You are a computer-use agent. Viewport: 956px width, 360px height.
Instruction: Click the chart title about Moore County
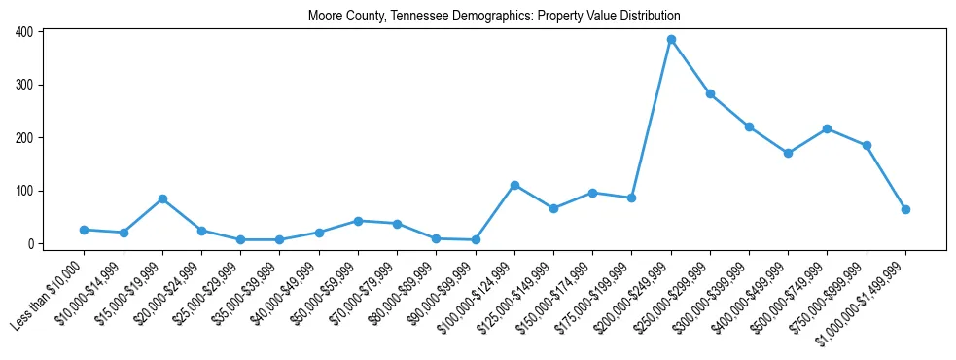pos(494,17)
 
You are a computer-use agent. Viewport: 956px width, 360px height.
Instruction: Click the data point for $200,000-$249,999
pos(671,40)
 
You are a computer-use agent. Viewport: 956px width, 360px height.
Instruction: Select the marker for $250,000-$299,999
pos(710,94)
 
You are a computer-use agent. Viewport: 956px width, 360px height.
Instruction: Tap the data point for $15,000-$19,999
pos(162,199)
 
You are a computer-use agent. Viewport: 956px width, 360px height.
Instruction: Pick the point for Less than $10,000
pos(85,230)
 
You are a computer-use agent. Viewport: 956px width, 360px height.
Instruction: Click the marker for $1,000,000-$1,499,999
pos(905,209)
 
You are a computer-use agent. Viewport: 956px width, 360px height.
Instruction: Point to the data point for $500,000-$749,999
pos(827,128)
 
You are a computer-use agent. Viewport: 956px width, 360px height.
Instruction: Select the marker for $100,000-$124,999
pos(514,185)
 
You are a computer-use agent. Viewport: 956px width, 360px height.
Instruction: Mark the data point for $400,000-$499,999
pos(788,153)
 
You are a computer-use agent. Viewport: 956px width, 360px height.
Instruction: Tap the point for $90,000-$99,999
pos(476,239)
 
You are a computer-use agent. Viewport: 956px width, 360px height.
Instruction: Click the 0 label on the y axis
pos(32,244)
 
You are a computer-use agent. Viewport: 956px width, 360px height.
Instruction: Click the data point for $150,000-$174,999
pos(592,193)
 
